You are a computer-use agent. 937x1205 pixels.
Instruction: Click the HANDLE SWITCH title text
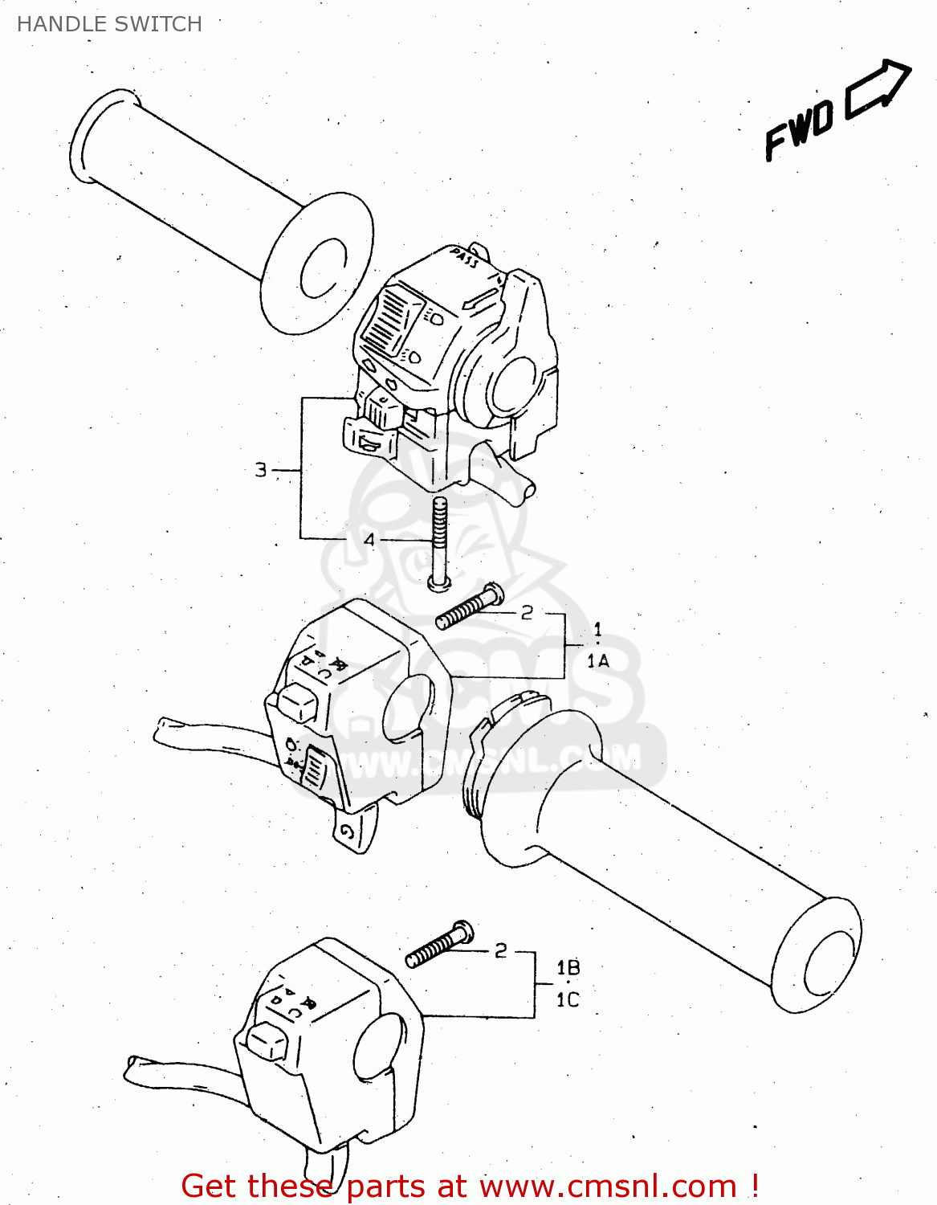[109, 24]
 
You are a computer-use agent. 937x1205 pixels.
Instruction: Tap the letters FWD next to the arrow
[799, 130]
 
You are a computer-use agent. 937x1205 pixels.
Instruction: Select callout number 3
[261, 470]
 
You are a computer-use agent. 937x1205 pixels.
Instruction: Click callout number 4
[369, 540]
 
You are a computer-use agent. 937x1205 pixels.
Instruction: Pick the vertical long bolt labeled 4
[438, 542]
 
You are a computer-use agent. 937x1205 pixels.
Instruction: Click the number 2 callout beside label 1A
[527, 613]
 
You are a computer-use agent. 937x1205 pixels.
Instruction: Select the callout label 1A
[598, 660]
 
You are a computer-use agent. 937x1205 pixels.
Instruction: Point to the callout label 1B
[568, 967]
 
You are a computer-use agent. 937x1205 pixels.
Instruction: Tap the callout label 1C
[568, 1000]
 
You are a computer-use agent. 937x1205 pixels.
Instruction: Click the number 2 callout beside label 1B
[501, 950]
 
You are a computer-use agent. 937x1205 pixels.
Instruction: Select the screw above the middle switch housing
[470, 607]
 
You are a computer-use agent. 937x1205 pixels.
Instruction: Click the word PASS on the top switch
[464, 258]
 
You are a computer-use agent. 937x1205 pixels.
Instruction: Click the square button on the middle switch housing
[298, 704]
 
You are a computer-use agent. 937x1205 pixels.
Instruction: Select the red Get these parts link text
[470, 1186]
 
